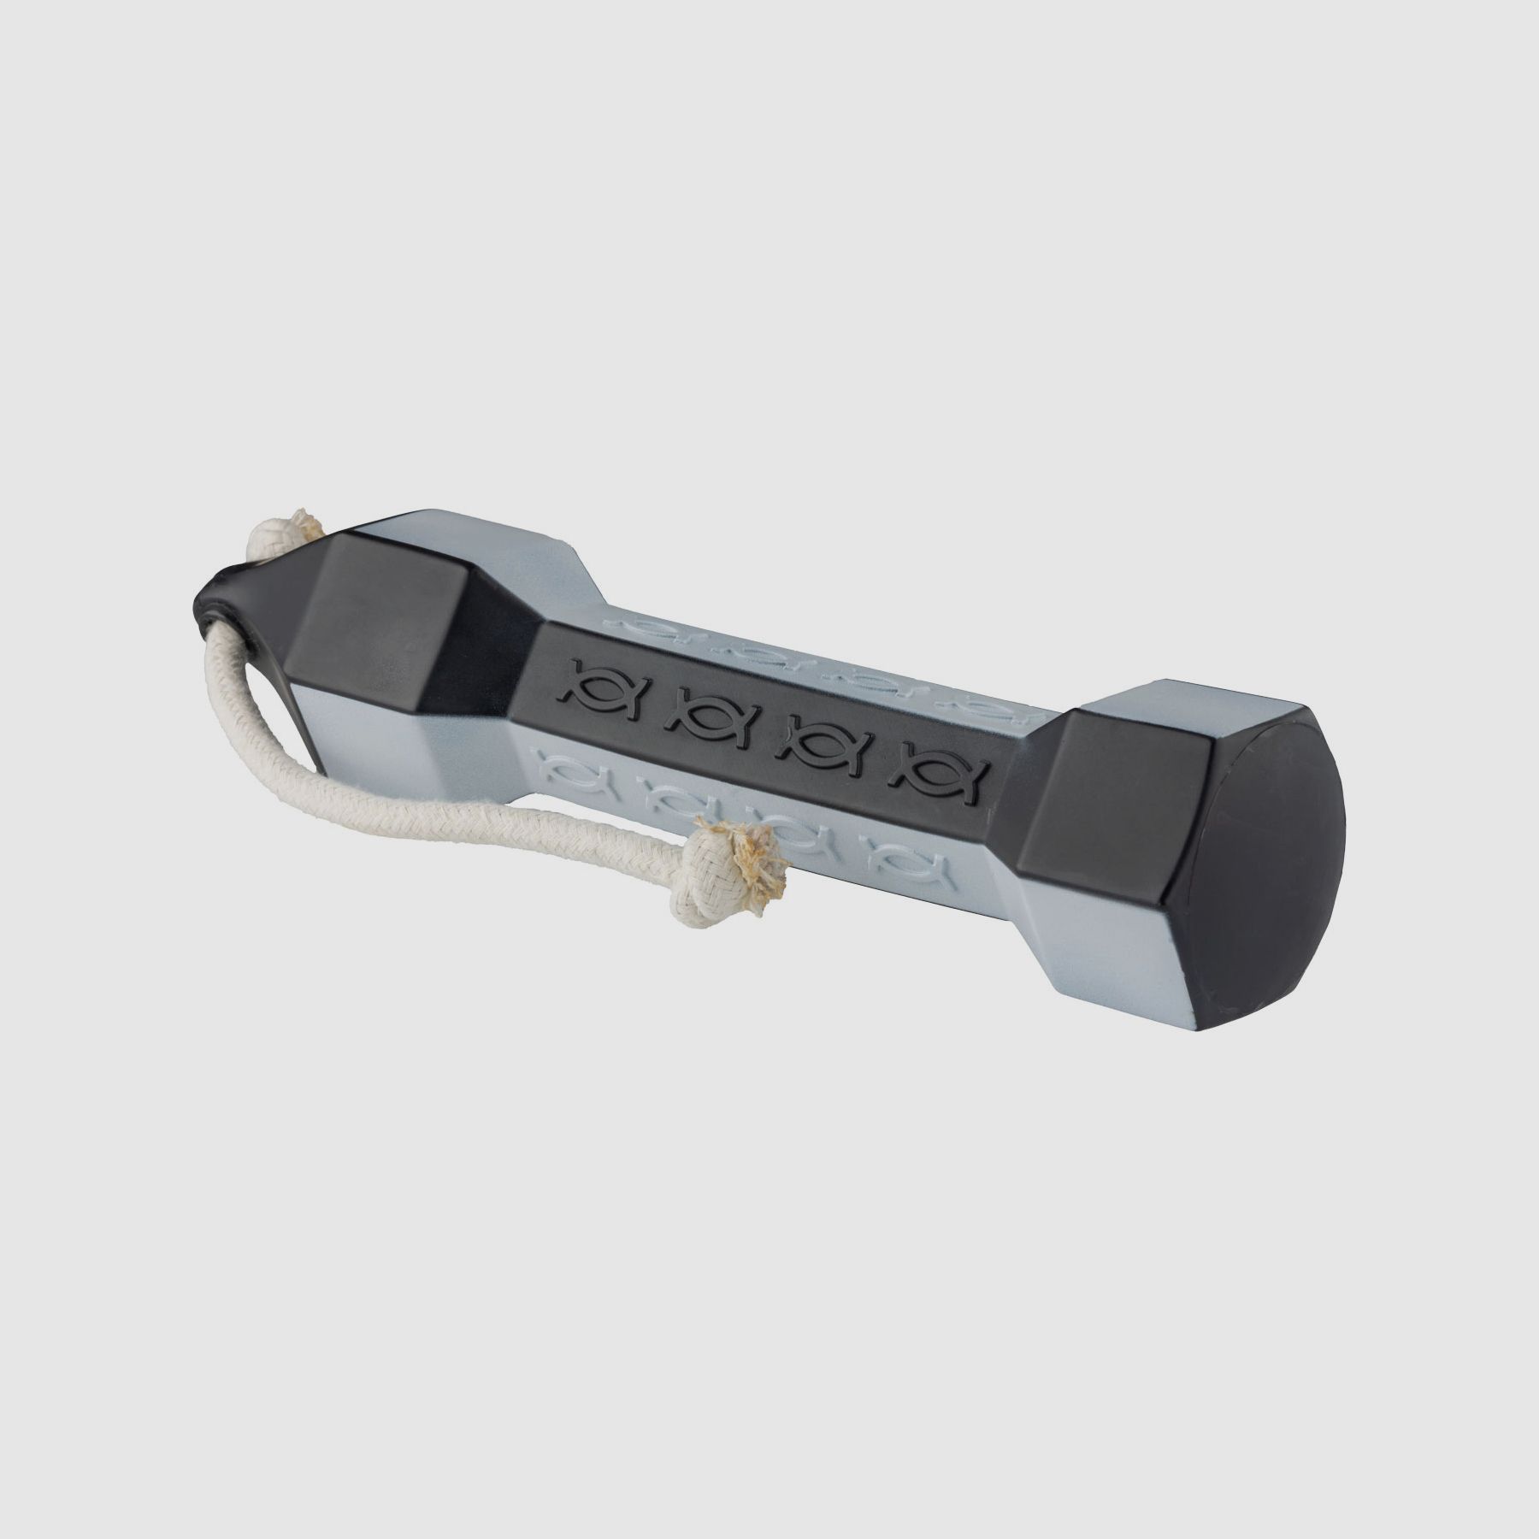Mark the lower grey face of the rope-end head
point(359,752)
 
